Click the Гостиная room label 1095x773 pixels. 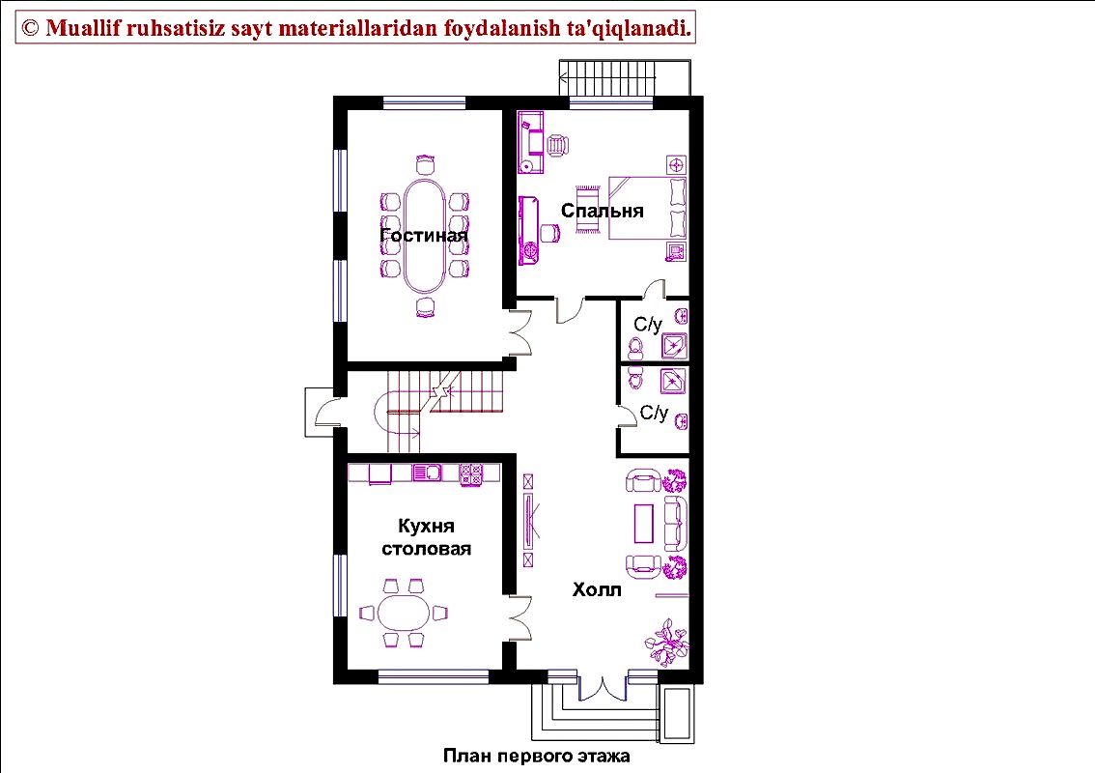423,235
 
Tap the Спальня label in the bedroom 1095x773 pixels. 602,211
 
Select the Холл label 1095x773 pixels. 597,589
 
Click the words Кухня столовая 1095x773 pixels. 426,537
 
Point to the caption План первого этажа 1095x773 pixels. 536,756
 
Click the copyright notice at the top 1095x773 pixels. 355,28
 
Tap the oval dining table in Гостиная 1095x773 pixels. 424,236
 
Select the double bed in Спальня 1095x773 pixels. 647,209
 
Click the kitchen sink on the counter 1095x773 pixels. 427,473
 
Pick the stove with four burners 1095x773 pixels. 470,474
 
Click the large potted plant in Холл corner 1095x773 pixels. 668,643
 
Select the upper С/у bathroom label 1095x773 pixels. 647,325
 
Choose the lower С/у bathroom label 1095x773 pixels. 655,413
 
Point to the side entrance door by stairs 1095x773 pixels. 326,412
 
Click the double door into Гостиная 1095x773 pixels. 519,332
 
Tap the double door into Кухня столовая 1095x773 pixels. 519,618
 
